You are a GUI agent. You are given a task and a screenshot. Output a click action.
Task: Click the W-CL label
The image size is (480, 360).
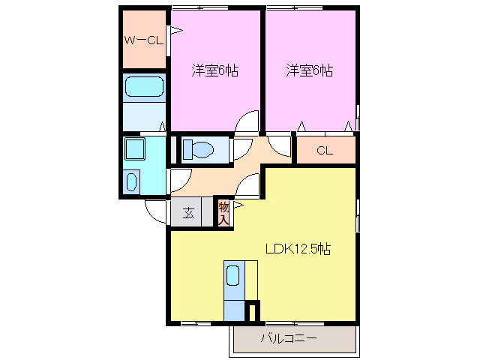click(145, 40)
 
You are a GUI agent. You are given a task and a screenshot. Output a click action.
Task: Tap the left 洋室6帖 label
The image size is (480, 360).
click(215, 71)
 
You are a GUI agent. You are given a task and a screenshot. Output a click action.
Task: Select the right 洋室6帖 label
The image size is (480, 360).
click(309, 71)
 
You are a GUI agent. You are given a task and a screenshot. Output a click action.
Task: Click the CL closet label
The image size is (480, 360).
click(324, 150)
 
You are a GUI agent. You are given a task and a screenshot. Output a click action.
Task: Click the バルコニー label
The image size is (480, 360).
click(289, 338)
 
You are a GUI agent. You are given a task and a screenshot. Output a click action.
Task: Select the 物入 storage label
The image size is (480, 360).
click(223, 211)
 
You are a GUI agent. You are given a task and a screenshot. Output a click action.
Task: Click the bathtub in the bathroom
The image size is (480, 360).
click(145, 87)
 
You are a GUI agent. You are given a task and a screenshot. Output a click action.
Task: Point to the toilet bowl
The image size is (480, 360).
click(197, 148)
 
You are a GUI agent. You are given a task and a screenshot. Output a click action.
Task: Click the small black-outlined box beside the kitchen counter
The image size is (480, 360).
click(253, 311)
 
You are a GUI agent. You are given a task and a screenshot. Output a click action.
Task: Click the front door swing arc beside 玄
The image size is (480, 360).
click(155, 211)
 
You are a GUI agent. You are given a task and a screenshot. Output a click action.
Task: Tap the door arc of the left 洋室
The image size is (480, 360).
click(247, 123)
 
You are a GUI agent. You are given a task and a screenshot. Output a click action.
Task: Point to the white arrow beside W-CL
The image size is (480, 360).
click(175, 31)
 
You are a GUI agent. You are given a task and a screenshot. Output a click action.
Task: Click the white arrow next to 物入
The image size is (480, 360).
click(238, 204)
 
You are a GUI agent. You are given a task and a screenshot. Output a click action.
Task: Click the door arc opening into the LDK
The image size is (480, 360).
click(249, 184)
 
